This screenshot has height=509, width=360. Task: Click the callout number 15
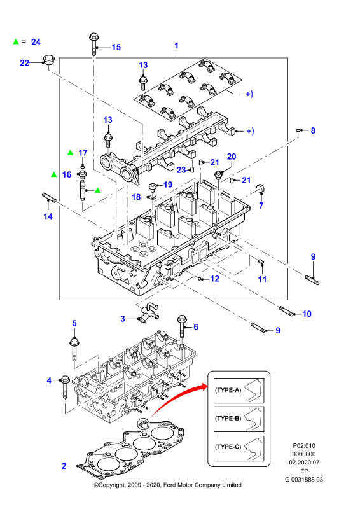(x=116, y=47)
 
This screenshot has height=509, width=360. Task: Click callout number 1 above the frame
(x=177, y=45)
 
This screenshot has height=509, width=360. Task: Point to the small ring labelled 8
(x=298, y=130)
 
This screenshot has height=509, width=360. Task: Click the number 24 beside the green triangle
(x=36, y=42)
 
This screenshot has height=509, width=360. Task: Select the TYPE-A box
(x=239, y=391)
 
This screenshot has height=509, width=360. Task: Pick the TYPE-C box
(x=239, y=447)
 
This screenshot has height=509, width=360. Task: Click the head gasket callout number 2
(x=64, y=466)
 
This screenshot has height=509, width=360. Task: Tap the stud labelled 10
(x=286, y=310)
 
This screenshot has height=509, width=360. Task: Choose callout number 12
(x=214, y=279)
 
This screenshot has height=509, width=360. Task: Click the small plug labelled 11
(x=261, y=261)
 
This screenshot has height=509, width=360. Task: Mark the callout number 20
(x=232, y=157)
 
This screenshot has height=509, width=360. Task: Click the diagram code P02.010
(x=304, y=446)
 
